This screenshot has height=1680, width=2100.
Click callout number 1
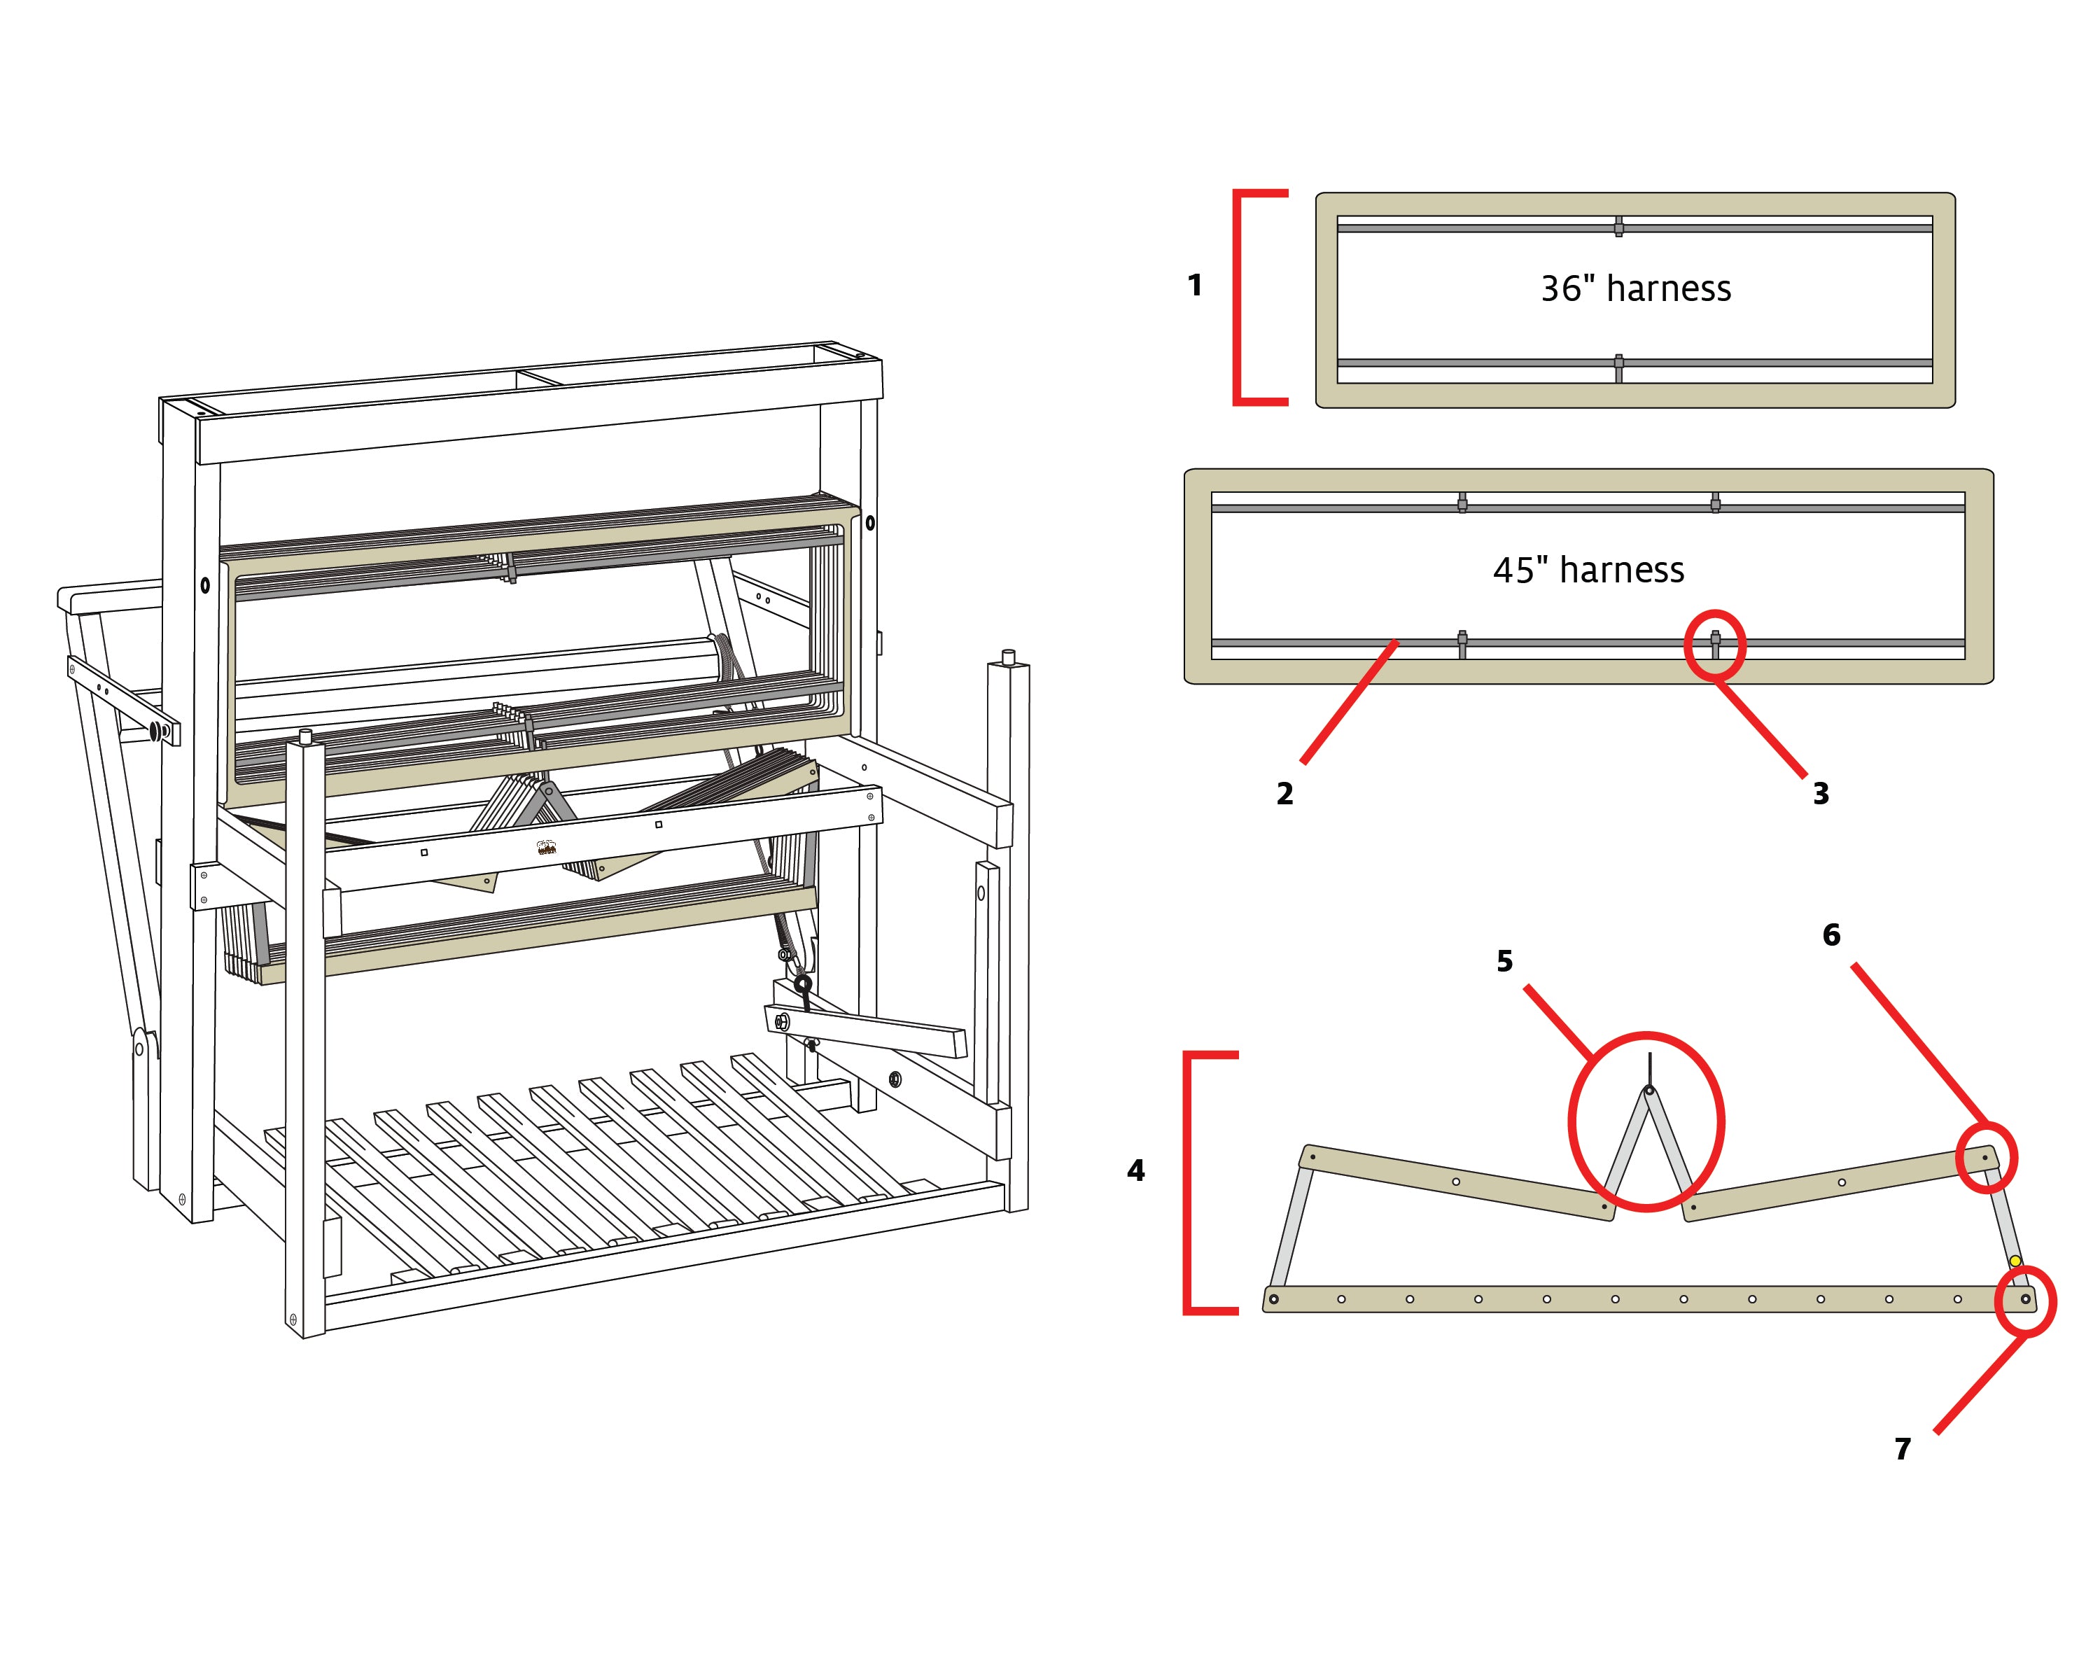[1194, 286]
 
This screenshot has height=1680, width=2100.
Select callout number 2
[1284, 794]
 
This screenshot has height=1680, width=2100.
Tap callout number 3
[1821, 794]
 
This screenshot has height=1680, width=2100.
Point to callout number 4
[1135, 1170]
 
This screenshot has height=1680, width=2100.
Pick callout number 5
[1505, 961]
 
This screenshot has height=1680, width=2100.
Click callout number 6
[1831, 935]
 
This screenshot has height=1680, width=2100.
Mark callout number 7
[1903, 1449]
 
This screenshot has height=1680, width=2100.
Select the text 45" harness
[1588, 570]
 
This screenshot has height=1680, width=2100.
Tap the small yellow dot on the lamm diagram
[2015, 1261]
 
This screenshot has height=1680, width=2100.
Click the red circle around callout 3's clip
[1715, 645]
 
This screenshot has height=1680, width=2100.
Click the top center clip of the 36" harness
[1619, 227]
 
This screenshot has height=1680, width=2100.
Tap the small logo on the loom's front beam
[547, 847]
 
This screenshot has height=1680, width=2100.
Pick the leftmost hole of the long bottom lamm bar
[1273, 1299]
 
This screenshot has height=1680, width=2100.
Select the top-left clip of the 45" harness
[1462, 503]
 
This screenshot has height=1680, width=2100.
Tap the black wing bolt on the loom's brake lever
[804, 988]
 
